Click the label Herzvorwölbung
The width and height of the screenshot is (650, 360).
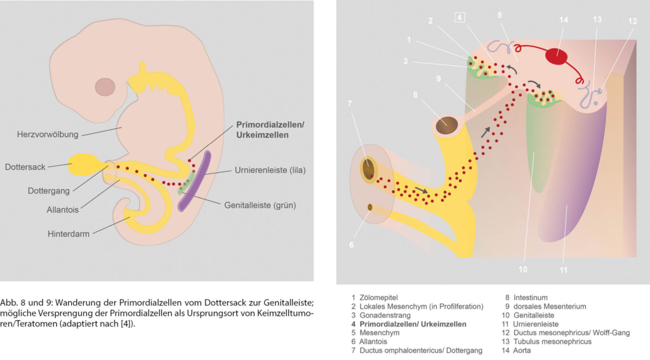[48, 135]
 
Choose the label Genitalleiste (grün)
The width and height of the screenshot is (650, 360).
[260, 205]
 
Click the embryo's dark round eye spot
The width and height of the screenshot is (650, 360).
[105, 86]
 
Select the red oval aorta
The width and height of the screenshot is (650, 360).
[557, 56]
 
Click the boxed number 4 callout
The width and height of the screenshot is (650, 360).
[460, 17]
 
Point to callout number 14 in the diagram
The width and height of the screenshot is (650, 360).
[564, 20]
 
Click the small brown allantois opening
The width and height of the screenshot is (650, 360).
[370, 207]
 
